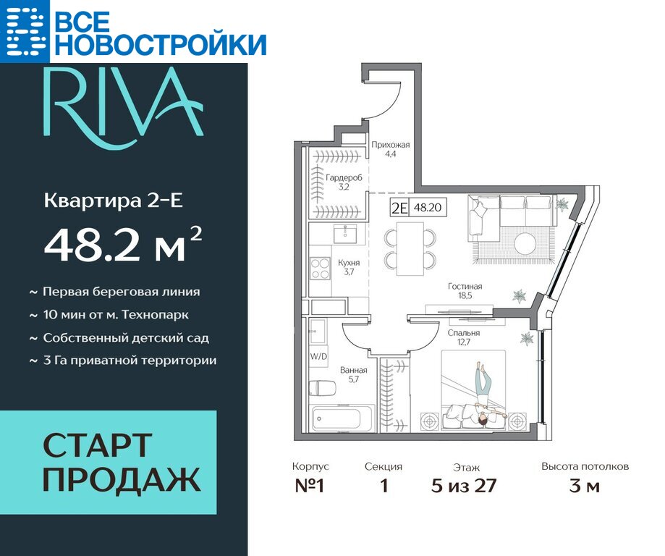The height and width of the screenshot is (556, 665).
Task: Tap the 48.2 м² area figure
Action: tap(122, 245)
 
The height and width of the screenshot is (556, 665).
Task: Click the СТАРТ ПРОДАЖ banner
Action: tap(108, 462)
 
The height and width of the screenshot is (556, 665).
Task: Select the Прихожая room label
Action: tap(391, 149)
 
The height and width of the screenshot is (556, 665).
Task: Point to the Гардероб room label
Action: tap(344, 182)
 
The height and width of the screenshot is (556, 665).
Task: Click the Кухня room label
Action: tap(349, 267)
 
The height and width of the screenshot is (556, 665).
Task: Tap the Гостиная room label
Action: tap(465, 291)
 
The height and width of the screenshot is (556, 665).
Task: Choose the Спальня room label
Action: tap(464, 337)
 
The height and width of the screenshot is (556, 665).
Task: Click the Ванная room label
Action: tap(353, 375)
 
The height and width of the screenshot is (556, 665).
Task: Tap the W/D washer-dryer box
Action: tap(318, 356)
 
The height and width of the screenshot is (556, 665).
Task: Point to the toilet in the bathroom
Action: tap(322, 388)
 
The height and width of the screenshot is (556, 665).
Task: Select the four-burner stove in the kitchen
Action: tap(321, 269)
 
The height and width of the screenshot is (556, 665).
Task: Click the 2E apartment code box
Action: tap(399, 208)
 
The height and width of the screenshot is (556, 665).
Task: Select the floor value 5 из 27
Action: tap(464, 486)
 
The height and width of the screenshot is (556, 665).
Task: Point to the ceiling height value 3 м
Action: tap(585, 486)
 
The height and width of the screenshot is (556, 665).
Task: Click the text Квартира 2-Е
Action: tap(114, 201)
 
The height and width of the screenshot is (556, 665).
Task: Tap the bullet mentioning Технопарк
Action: tap(109, 315)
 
